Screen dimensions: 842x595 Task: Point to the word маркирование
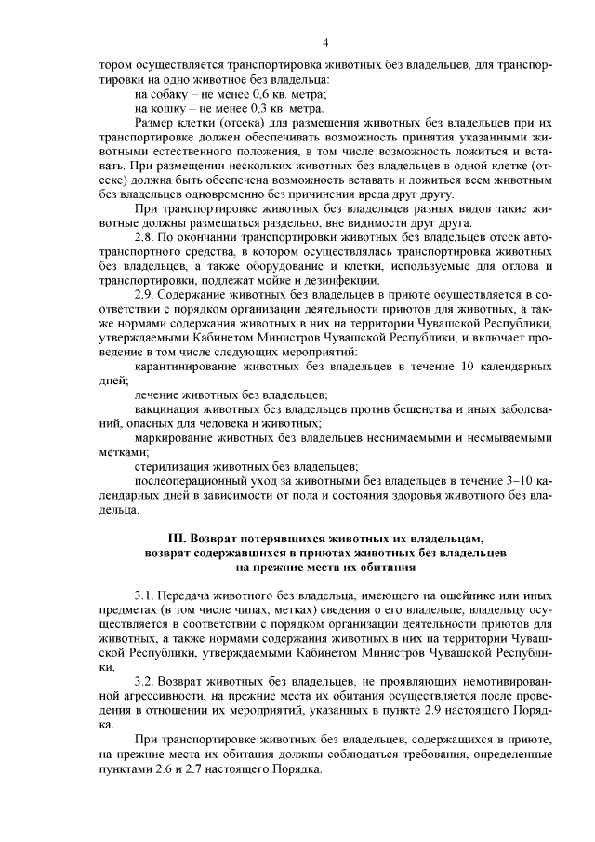[x=177, y=437]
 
